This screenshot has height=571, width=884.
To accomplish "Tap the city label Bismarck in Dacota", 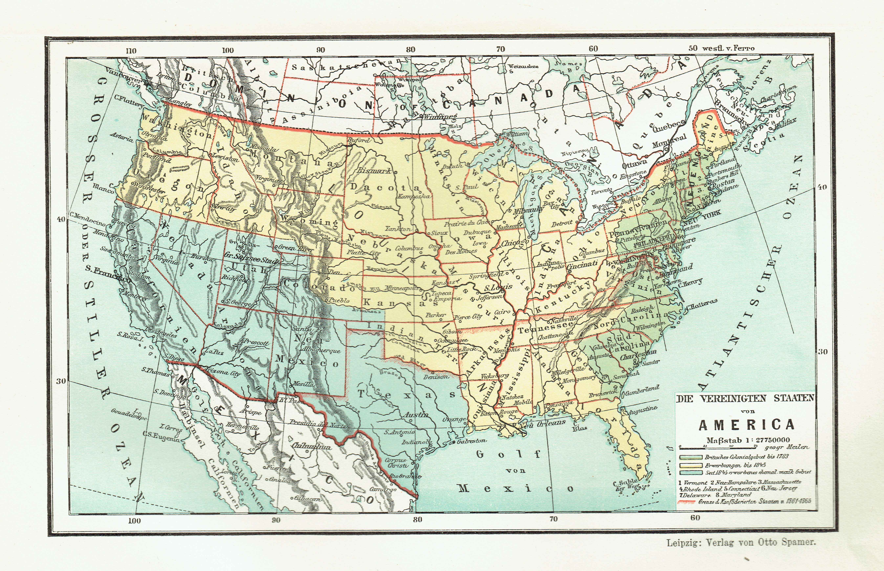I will point(374,171).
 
